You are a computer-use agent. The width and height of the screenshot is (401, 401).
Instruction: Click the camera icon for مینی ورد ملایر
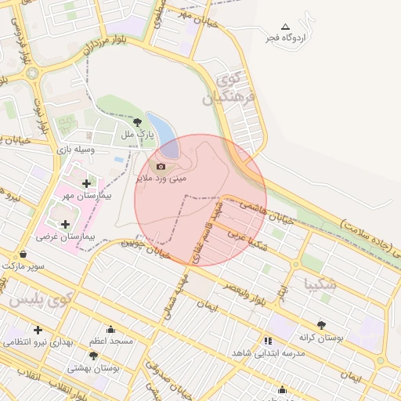click(161, 166)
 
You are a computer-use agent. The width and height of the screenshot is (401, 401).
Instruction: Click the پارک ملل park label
click(138, 134)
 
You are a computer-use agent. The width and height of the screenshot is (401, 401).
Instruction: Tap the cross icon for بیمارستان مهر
click(86, 183)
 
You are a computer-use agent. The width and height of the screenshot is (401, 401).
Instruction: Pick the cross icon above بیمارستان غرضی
click(65, 225)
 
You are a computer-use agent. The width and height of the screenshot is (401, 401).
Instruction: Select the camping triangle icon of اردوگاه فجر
click(285, 27)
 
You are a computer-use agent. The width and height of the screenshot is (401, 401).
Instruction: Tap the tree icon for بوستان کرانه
click(321, 325)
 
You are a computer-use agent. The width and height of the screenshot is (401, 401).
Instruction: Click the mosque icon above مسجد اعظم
click(110, 330)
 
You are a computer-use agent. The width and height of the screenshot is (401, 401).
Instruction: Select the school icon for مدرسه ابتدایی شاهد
click(269, 341)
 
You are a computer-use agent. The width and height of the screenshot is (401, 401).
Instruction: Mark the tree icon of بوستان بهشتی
click(93, 356)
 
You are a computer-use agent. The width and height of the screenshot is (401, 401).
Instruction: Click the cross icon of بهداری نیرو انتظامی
click(38, 330)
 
